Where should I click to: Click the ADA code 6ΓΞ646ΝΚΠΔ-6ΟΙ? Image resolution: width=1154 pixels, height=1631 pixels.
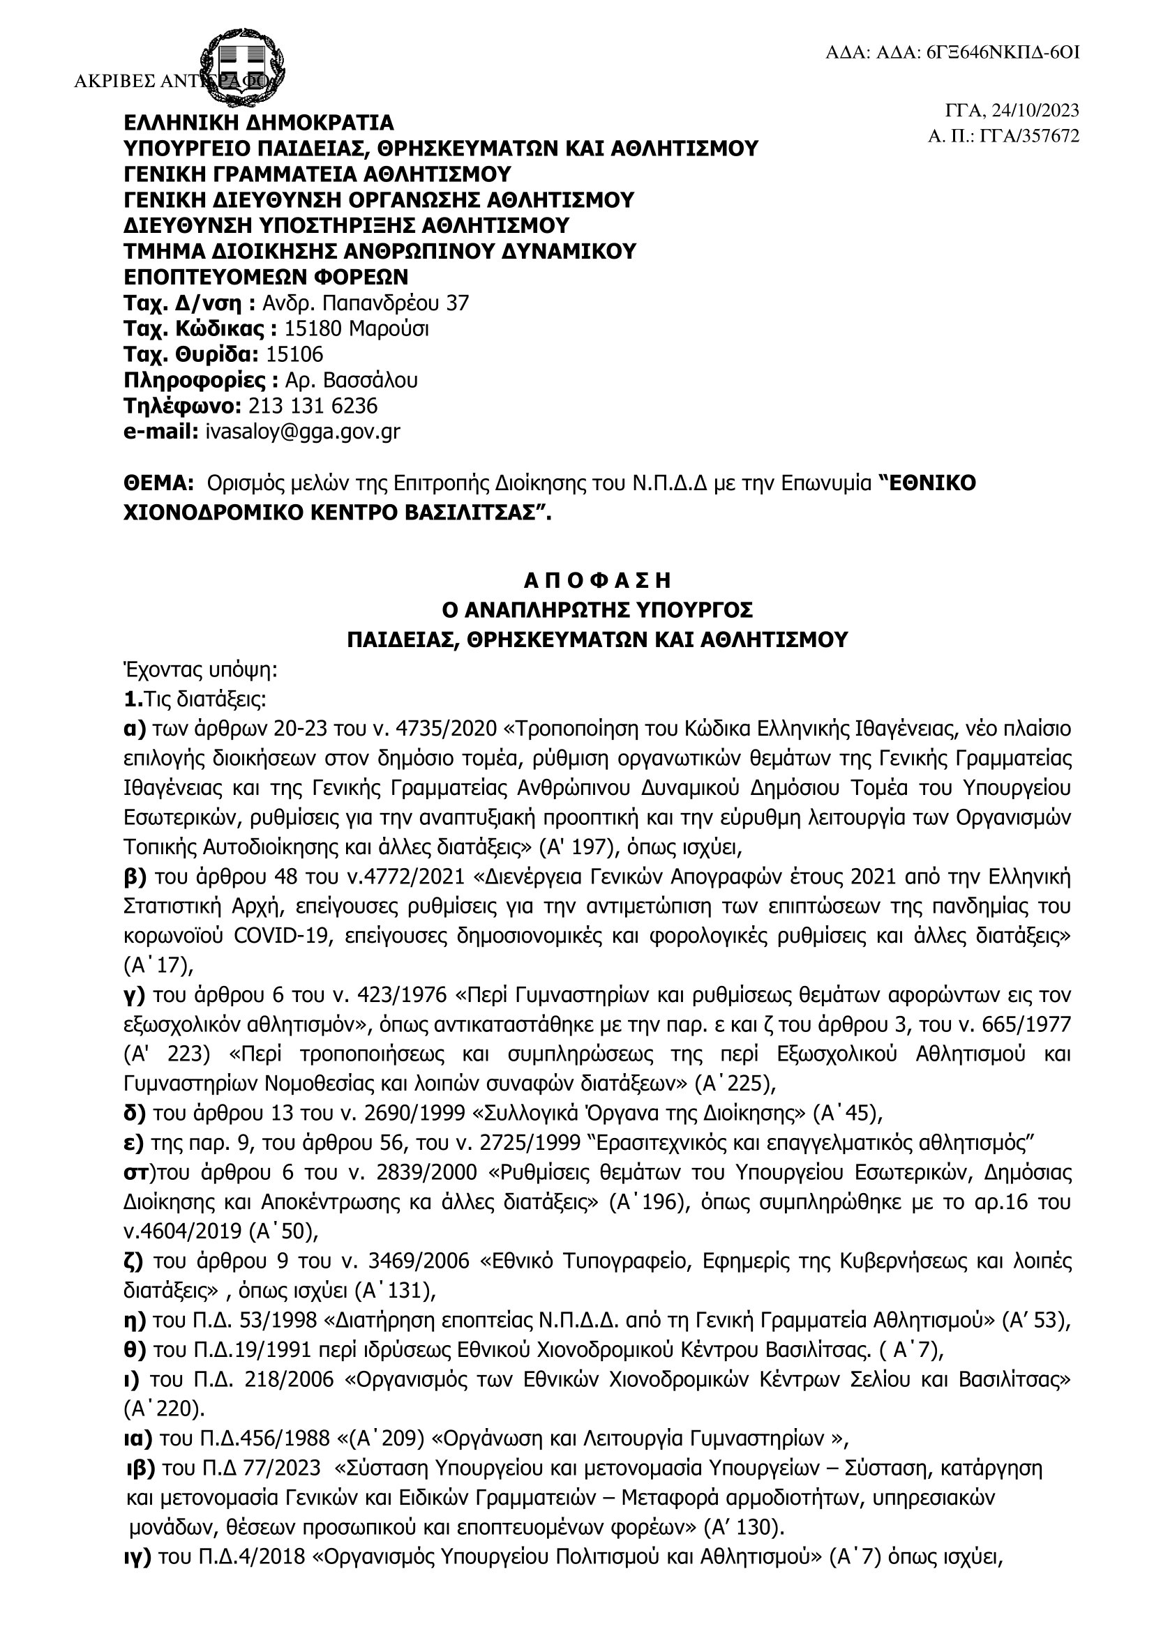tap(1003, 53)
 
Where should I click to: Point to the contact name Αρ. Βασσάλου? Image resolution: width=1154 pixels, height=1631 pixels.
tap(351, 380)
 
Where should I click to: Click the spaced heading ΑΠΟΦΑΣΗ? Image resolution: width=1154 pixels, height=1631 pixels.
tap(597, 581)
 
